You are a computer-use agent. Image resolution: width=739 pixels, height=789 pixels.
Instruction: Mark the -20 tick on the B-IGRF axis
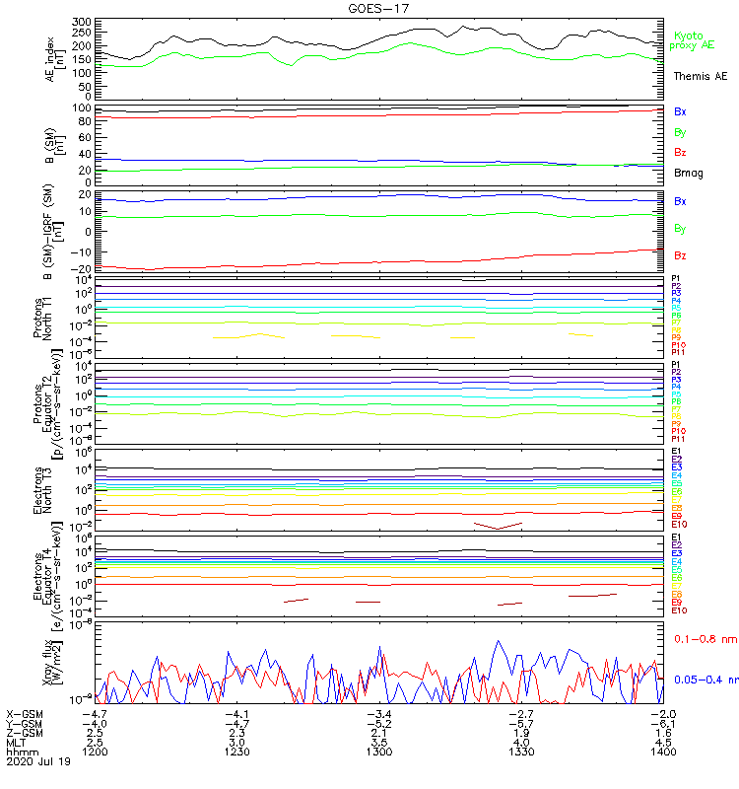point(84,268)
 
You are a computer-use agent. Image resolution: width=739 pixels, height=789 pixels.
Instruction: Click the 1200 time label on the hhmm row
point(95,752)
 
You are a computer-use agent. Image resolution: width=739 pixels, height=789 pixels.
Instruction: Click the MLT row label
point(17,742)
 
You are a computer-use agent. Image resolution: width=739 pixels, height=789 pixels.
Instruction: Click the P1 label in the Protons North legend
point(676,279)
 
